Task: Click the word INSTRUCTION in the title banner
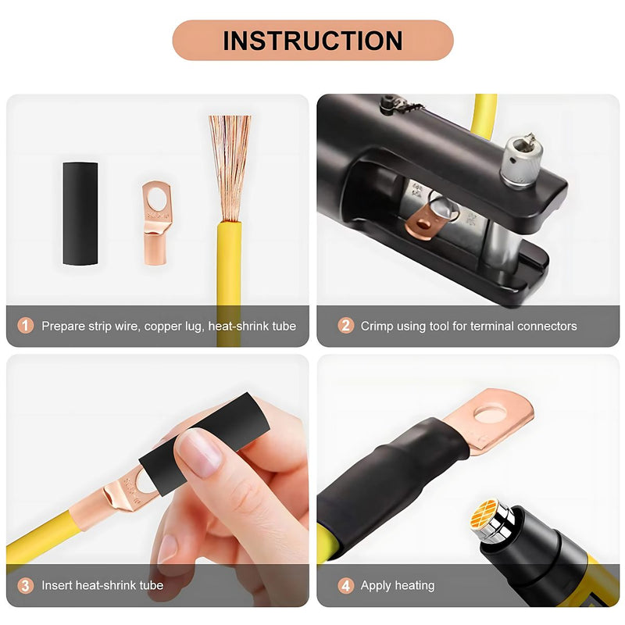point(312,41)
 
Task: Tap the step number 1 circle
point(26,326)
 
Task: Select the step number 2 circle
point(345,326)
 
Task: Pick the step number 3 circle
point(26,585)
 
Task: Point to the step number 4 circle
point(345,585)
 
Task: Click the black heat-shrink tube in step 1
point(80,213)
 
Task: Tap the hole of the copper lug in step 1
point(157,198)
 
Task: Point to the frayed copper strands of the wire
point(230,167)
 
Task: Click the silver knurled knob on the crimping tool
point(521,162)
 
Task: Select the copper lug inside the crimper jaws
point(424,220)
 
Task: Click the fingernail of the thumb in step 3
point(199,454)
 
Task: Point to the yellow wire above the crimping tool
point(484,115)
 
